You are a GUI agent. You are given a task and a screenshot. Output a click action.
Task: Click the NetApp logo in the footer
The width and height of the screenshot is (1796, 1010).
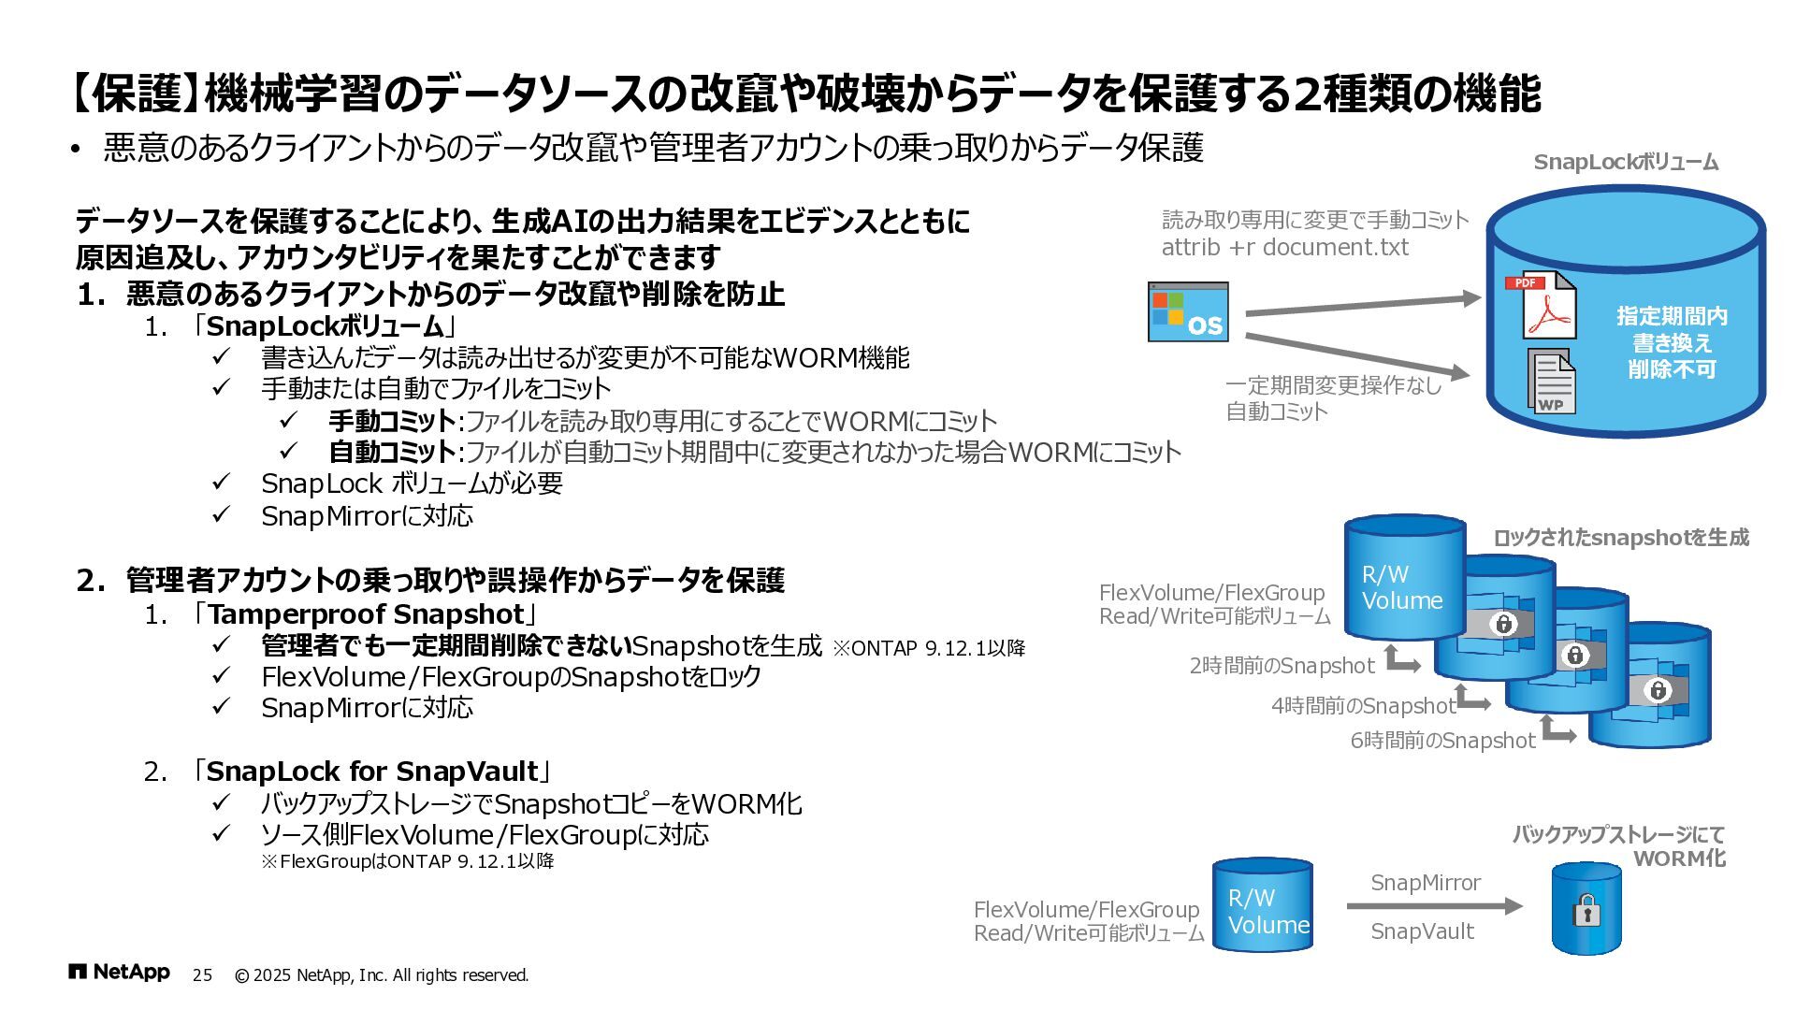click(119, 973)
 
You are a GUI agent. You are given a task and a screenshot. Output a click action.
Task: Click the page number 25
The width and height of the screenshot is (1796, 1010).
click(202, 975)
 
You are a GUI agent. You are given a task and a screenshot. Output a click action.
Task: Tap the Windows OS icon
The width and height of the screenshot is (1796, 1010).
click(1188, 312)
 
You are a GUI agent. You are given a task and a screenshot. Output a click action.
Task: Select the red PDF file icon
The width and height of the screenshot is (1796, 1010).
click(1542, 305)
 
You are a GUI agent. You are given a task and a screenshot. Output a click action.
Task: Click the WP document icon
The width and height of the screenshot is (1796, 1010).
click(1552, 382)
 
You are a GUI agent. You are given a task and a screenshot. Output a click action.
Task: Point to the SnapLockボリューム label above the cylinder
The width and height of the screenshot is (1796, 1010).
click(1626, 163)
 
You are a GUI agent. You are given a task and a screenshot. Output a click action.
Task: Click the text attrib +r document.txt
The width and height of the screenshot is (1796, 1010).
click(1284, 248)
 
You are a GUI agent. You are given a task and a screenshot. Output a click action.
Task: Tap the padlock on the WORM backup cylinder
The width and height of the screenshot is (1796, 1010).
click(1586, 910)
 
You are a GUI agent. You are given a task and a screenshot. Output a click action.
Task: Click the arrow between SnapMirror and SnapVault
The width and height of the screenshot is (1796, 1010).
click(1434, 905)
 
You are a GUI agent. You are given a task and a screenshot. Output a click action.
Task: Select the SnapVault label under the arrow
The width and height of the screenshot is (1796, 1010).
click(1422, 931)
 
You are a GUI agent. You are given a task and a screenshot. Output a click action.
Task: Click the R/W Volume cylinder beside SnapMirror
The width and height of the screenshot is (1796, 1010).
click(1264, 906)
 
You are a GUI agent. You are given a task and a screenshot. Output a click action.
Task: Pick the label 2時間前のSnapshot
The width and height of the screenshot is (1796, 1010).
click(1282, 666)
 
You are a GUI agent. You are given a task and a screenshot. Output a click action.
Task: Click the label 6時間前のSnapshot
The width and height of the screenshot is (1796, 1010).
click(1441, 741)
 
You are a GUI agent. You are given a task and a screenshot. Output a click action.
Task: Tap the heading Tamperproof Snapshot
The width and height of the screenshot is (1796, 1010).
click(366, 614)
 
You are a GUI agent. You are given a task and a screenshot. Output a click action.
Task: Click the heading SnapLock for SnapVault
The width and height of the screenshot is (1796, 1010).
click(372, 772)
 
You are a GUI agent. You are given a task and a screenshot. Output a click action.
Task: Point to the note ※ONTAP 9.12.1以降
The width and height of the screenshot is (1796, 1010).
click(929, 648)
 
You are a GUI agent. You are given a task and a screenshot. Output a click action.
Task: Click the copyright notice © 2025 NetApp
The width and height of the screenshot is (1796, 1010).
click(381, 975)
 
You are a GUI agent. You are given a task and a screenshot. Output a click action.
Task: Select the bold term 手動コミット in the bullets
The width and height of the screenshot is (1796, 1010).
click(391, 421)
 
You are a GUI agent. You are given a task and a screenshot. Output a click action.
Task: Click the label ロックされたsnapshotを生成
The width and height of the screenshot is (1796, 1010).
click(1620, 538)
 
